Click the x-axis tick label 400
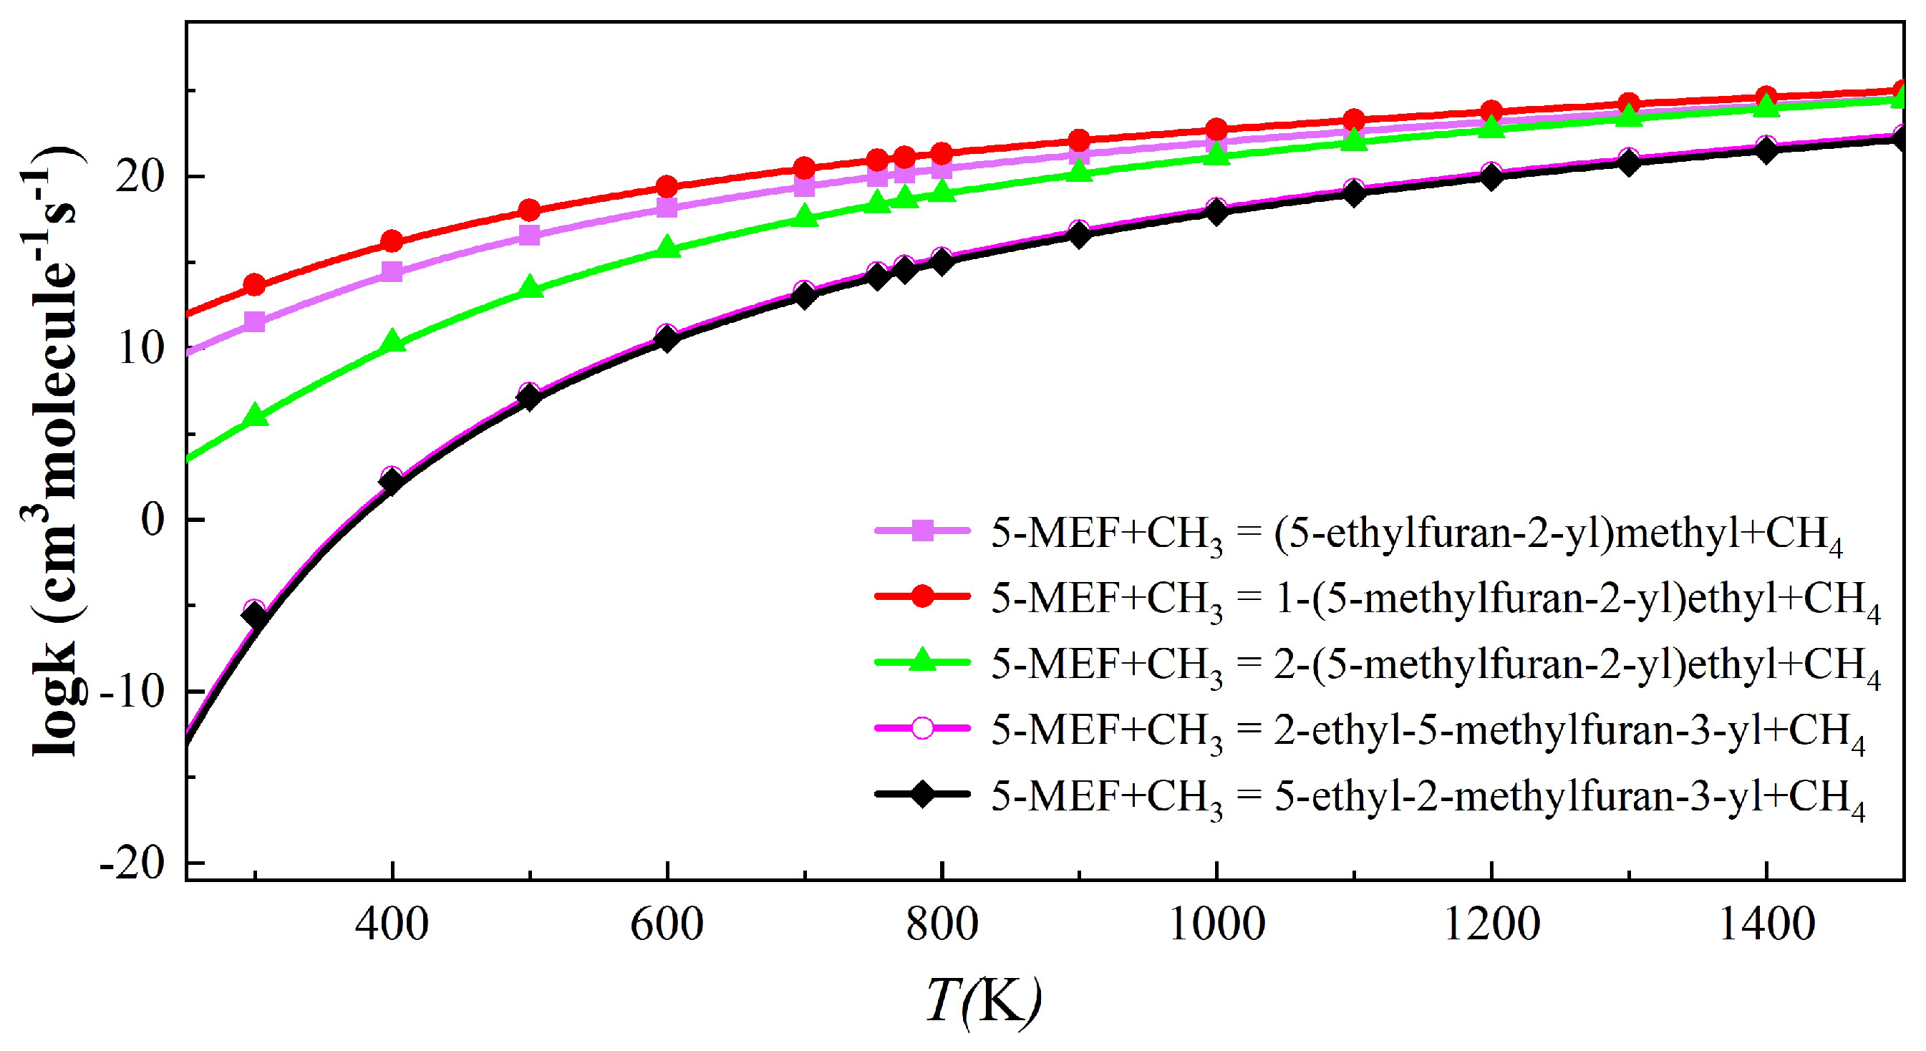click(x=392, y=926)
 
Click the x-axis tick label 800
click(x=942, y=926)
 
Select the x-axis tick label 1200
click(x=1491, y=926)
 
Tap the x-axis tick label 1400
click(x=1766, y=926)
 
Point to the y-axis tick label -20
click(x=132, y=864)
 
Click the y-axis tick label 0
click(x=153, y=520)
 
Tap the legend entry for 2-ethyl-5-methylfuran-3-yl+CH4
click(x=1428, y=730)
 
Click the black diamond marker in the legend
click(x=923, y=794)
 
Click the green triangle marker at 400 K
click(x=392, y=342)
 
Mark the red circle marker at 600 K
click(x=667, y=186)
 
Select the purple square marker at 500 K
click(x=529, y=236)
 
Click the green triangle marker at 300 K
click(x=255, y=416)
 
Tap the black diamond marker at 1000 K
click(x=1216, y=213)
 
